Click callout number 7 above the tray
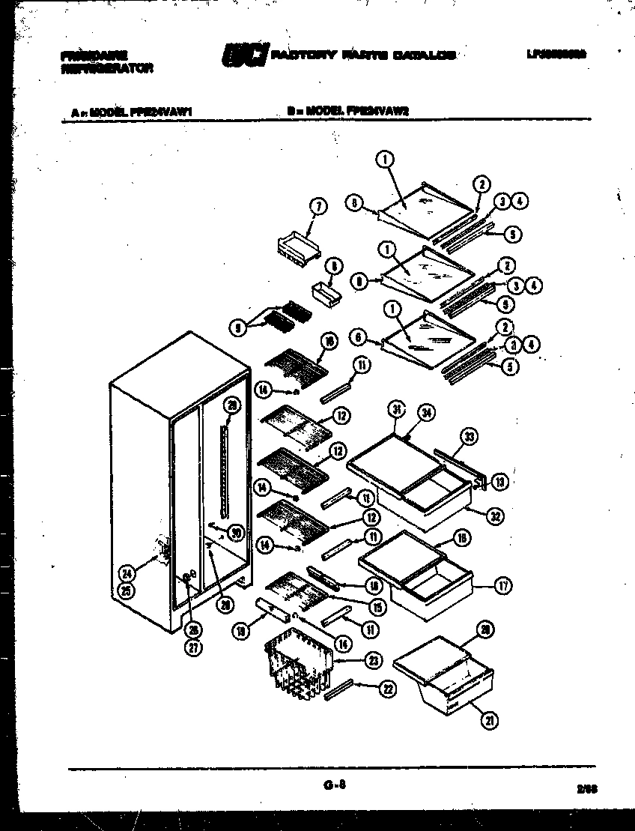[x=317, y=207]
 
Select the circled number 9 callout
[x=237, y=327]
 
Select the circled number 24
[x=128, y=575]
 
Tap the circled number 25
[x=128, y=590]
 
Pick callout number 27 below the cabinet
[x=194, y=649]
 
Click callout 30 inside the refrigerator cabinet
[x=236, y=533]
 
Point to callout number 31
[x=397, y=409]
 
